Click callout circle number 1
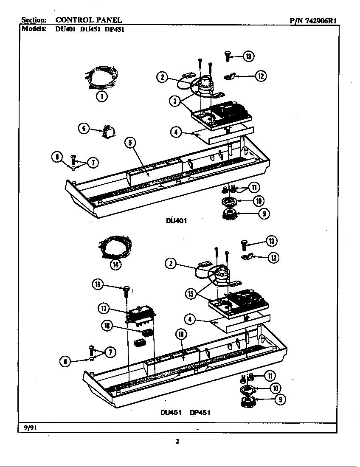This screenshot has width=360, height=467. [101, 96]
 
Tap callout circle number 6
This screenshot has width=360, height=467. [84, 128]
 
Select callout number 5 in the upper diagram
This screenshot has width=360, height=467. [130, 143]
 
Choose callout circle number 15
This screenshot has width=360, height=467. [191, 294]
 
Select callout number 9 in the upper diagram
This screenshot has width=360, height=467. [264, 214]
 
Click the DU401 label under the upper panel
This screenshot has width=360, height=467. [176, 221]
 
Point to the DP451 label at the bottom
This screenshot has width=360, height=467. [201, 412]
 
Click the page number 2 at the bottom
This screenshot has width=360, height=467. [177, 441]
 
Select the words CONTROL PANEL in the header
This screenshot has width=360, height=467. [89, 20]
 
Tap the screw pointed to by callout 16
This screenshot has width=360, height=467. [126, 292]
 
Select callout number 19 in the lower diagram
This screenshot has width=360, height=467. [181, 334]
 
